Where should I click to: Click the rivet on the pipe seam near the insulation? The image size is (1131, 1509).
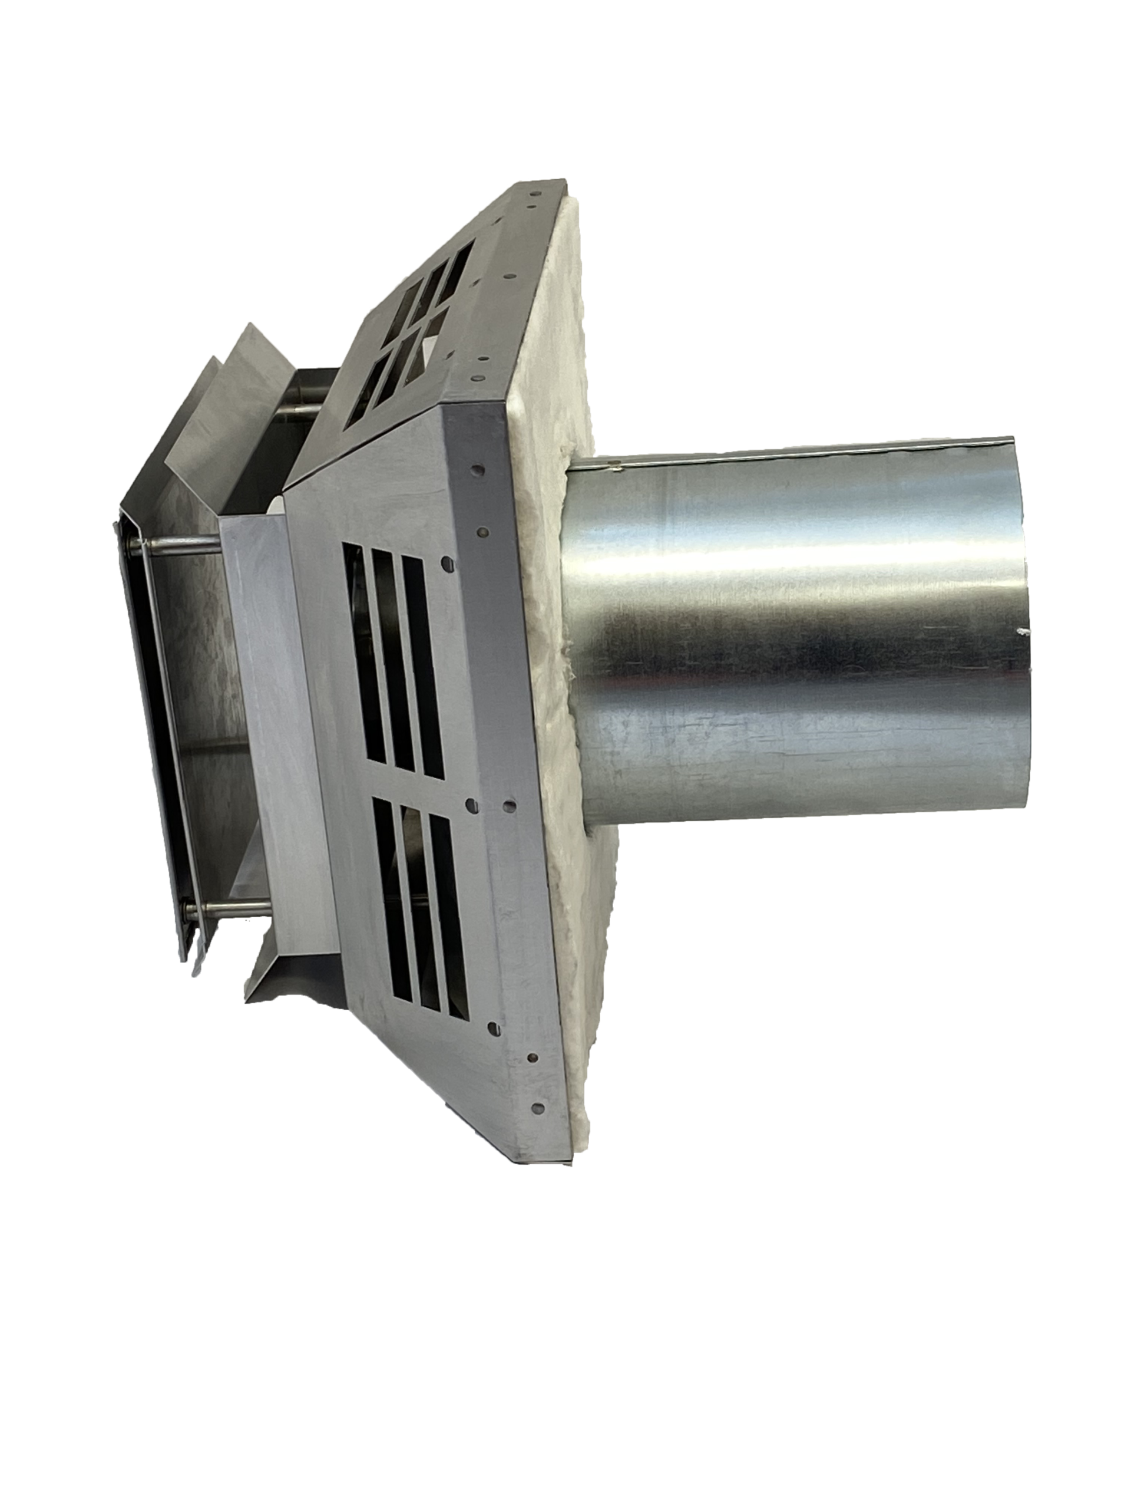click(616, 469)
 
